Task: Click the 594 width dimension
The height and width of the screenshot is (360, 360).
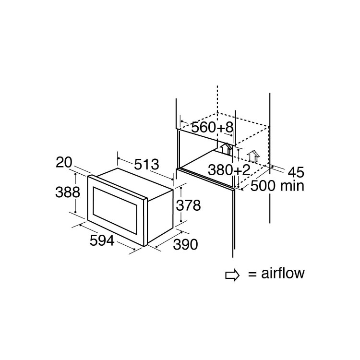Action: click(x=102, y=240)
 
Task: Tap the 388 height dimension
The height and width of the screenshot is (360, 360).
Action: click(x=68, y=192)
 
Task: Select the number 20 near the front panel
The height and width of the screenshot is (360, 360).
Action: click(x=64, y=162)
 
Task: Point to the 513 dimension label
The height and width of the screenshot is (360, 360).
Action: click(x=146, y=164)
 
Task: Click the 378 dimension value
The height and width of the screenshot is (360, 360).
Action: click(x=189, y=205)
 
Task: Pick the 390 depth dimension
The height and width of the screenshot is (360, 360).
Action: click(x=185, y=244)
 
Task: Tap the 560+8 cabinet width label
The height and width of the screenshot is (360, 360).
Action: click(x=212, y=127)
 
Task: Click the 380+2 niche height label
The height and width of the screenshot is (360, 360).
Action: click(x=229, y=170)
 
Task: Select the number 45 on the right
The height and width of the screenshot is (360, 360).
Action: click(x=296, y=172)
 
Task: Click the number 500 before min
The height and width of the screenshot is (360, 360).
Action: click(x=263, y=186)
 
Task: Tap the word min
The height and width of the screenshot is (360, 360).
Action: click(x=292, y=186)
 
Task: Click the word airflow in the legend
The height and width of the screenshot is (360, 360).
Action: click(x=283, y=273)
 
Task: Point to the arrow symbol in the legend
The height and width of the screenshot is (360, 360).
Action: click(x=232, y=275)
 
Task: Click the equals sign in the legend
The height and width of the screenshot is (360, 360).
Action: click(x=252, y=274)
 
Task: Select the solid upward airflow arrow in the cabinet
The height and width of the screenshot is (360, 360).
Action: click(x=226, y=148)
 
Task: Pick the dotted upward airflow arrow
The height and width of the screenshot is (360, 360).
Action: click(x=253, y=157)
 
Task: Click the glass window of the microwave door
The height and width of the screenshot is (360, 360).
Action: click(x=115, y=210)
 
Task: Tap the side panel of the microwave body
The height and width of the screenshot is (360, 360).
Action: click(x=160, y=216)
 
